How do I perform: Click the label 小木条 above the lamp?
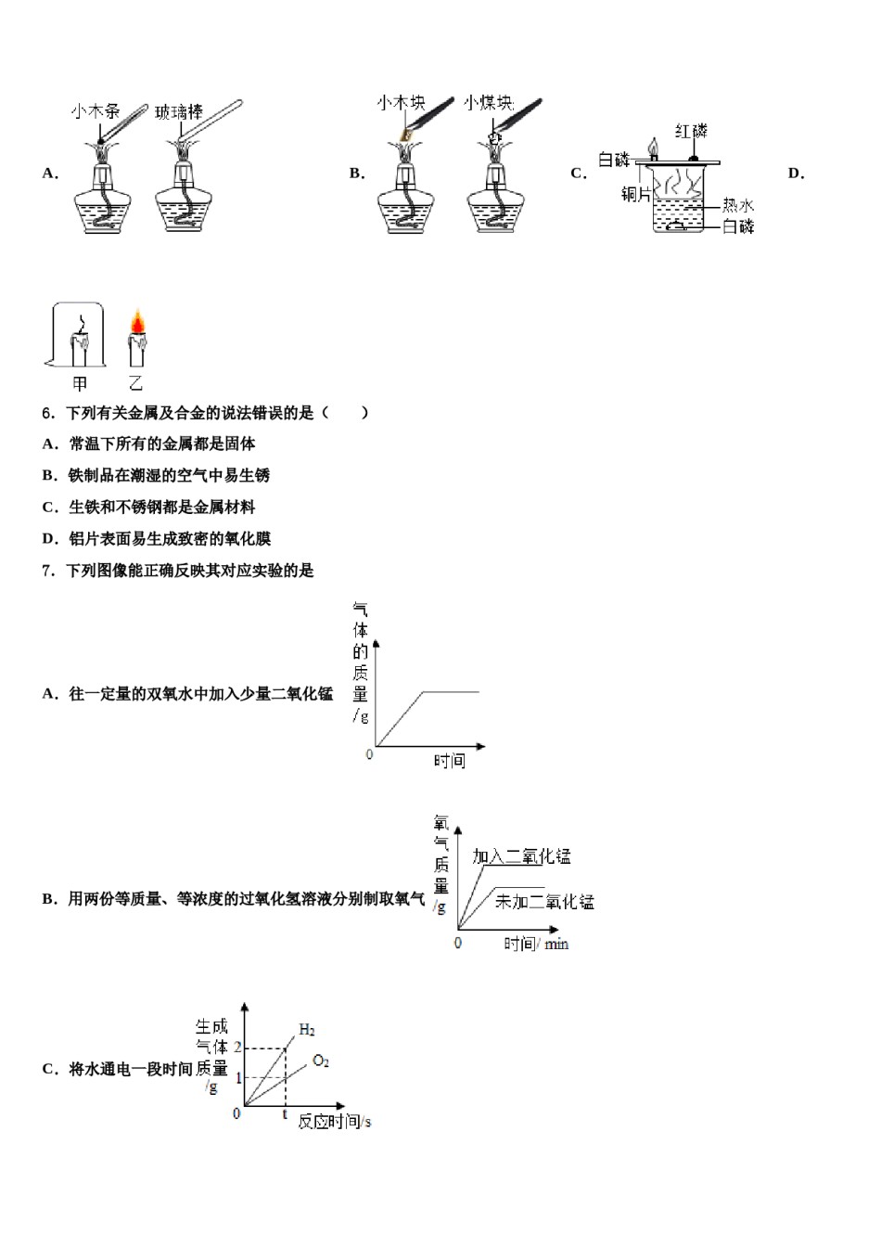coord(95,112)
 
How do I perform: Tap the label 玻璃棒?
coord(178,113)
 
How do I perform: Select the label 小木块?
coord(400,102)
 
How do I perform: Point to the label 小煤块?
coord(489,102)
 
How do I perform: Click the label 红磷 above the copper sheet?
coord(691,131)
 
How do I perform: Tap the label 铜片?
coord(636,195)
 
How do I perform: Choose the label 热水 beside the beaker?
coord(738,205)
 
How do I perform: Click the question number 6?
coord(47,413)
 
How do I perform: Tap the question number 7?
coord(47,571)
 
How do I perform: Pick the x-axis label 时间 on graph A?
coord(449,761)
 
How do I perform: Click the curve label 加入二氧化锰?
coord(521,856)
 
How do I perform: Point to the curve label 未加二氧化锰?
coord(544,901)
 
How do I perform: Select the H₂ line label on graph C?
coord(307,1030)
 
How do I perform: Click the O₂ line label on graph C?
coord(321,1061)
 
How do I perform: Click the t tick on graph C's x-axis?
coord(285,1113)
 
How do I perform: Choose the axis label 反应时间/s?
coord(334,1122)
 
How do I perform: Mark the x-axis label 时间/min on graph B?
coord(536,944)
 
